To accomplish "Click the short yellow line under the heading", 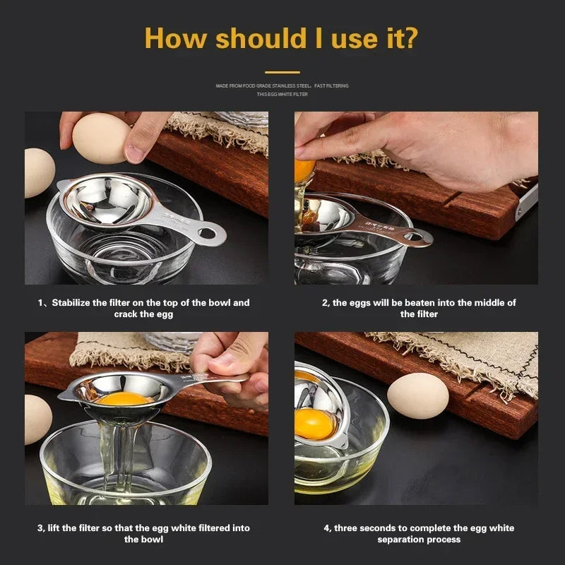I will [282, 72].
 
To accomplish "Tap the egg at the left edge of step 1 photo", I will [38, 172].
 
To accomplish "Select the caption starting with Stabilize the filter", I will [143, 308].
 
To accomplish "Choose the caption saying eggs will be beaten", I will [419, 308].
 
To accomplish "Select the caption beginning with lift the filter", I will [143, 533].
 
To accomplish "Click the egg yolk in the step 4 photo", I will [314, 423].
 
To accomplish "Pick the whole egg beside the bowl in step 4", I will [418, 395].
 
